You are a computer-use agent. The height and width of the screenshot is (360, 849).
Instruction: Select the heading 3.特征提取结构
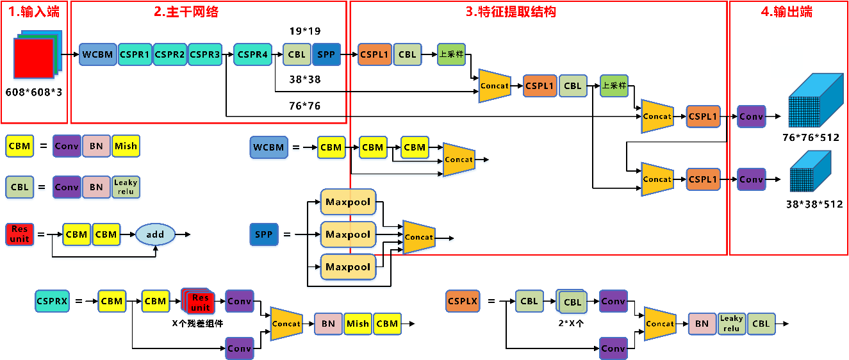click(x=510, y=11)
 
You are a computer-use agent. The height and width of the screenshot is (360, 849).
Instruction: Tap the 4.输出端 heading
click(x=787, y=11)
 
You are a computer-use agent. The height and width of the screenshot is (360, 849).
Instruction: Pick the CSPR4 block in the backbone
click(x=252, y=55)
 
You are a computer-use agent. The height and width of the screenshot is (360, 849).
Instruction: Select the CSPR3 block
click(x=205, y=55)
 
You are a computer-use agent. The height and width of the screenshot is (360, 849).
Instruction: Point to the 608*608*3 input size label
click(x=34, y=92)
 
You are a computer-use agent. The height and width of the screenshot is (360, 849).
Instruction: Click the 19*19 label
click(x=305, y=30)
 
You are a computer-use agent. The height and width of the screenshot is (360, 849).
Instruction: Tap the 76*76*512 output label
click(x=811, y=138)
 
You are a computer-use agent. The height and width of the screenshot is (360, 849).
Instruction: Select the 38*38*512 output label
click(x=814, y=204)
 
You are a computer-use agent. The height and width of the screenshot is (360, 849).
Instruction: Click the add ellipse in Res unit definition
click(x=155, y=234)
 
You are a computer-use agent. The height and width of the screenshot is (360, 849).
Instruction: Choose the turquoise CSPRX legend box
click(x=52, y=301)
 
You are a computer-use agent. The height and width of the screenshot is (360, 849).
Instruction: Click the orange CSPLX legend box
click(x=463, y=301)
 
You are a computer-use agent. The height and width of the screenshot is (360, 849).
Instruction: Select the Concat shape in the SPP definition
click(x=419, y=237)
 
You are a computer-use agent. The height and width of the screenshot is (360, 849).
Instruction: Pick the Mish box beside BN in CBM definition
click(x=126, y=147)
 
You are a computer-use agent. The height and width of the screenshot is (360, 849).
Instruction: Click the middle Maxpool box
click(x=348, y=234)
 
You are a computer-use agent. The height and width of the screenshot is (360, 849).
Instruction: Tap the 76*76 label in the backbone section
click(x=305, y=106)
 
